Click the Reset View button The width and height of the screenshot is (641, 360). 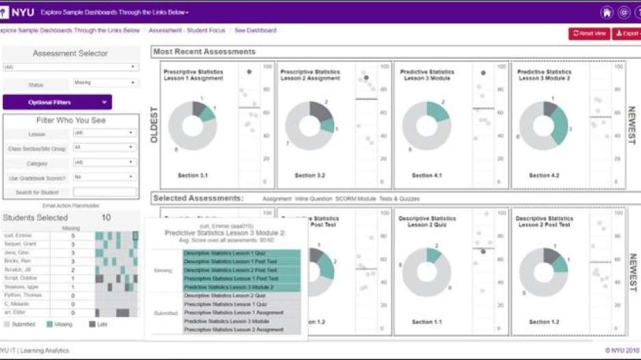(589, 33)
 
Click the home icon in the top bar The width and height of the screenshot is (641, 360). (606, 13)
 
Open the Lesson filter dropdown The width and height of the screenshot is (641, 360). (105, 133)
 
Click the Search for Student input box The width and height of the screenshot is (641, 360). (105, 192)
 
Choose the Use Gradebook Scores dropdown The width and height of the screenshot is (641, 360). (105, 177)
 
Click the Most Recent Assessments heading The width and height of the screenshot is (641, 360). (204, 52)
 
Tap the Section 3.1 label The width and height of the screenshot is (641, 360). (193, 176)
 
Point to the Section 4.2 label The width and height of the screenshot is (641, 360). (544, 176)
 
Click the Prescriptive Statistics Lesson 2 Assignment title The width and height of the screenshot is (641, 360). (310, 75)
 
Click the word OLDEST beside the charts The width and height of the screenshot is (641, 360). (154, 125)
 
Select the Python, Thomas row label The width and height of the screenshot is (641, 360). (26, 296)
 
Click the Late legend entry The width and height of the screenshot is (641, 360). (102, 324)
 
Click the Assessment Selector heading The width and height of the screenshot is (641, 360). (70, 53)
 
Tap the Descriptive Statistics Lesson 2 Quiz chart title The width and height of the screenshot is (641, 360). (426, 222)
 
